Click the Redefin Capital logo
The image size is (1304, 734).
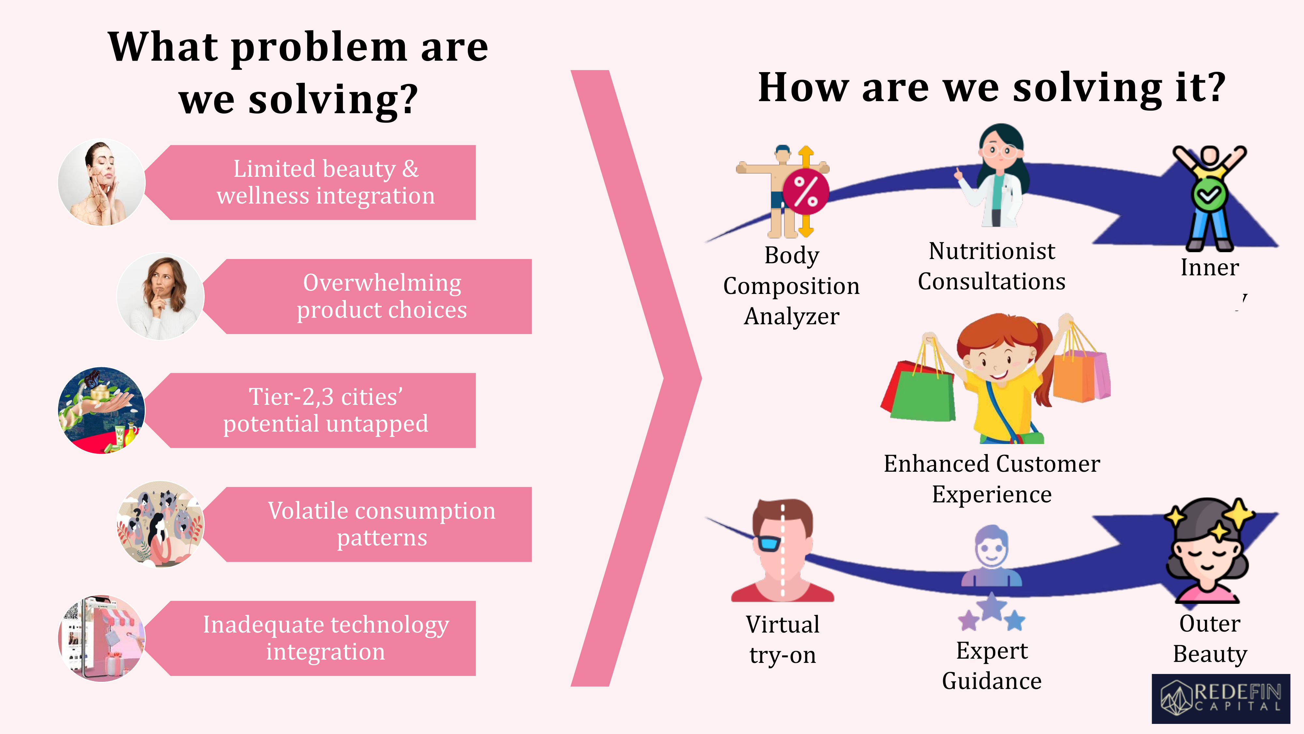(1221, 698)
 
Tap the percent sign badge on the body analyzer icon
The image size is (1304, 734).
(806, 192)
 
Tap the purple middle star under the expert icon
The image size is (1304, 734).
(992, 606)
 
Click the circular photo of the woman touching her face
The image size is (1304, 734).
(102, 182)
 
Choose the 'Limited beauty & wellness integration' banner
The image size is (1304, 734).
(310, 182)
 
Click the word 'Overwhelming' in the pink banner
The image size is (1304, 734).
(382, 283)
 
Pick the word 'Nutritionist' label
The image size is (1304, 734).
(992, 251)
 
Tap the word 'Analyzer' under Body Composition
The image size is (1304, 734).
(792, 316)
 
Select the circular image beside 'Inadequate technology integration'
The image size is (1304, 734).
(102, 638)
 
